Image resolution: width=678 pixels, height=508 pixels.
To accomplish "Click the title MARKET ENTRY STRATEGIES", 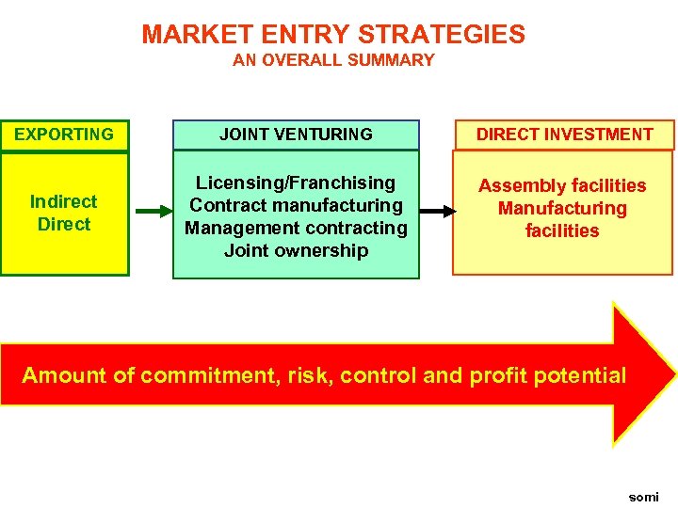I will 333,35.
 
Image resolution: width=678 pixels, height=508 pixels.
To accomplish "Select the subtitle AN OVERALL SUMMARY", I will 333,60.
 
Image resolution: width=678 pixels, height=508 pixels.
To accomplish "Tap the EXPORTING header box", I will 64,135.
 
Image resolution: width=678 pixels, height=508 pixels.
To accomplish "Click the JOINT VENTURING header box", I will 296,135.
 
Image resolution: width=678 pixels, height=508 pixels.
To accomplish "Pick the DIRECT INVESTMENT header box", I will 564,135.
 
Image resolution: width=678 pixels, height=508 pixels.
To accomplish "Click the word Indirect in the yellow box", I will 63,201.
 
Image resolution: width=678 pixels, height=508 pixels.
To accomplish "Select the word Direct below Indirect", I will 64,224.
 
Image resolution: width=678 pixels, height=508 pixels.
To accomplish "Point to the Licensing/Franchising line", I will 296,183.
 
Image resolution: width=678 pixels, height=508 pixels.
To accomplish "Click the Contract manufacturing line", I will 296,205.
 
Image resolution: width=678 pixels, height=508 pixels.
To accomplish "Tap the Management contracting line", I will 296,228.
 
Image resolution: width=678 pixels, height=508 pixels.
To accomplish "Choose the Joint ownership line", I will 296,250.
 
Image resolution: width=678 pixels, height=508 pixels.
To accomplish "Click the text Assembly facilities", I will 562,185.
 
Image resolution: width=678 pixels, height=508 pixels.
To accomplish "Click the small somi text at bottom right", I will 644,497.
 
